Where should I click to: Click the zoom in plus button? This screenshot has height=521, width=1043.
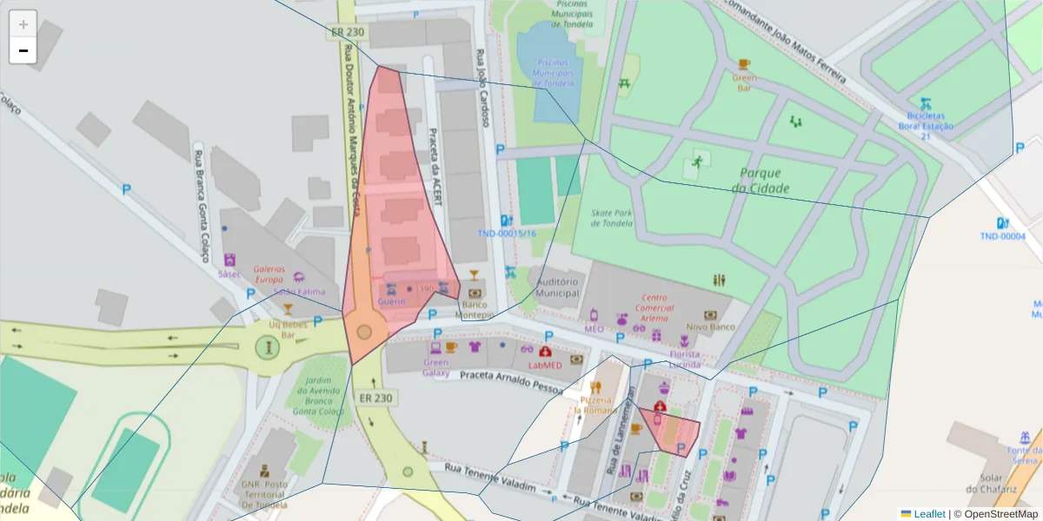coord(23,23)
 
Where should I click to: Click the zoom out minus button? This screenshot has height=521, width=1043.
coord(23,50)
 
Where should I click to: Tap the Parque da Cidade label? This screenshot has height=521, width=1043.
coord(760,181)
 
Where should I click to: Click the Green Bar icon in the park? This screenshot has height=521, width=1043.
coord(743,64)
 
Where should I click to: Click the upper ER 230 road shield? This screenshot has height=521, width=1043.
coord(349,33)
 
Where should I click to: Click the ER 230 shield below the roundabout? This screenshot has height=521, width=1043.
coord(375,398)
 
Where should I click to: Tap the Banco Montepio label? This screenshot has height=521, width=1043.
coord(475,310)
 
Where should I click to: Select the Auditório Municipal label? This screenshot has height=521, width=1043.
coord(558,287)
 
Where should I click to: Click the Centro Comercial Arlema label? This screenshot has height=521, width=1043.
coord(655,307)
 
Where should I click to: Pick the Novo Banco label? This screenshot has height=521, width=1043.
coord(710,327)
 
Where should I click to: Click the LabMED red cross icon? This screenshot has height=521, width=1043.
coord(545,352)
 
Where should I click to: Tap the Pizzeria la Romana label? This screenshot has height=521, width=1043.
coord(595,404)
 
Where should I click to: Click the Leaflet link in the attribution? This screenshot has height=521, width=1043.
coord(929,514)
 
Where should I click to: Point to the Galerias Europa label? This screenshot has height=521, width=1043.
coord(269,274)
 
